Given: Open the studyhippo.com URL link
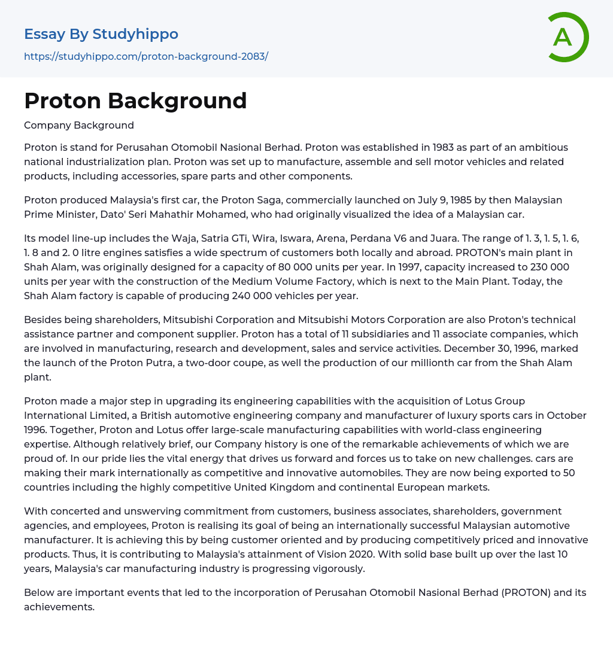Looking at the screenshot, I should point(146,56).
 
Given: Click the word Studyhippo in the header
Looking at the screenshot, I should point(135,34).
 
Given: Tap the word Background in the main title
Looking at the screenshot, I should point(177,101).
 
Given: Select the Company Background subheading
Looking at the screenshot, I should point(79,125).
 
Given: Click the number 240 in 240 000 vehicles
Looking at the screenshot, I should point(242,296).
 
